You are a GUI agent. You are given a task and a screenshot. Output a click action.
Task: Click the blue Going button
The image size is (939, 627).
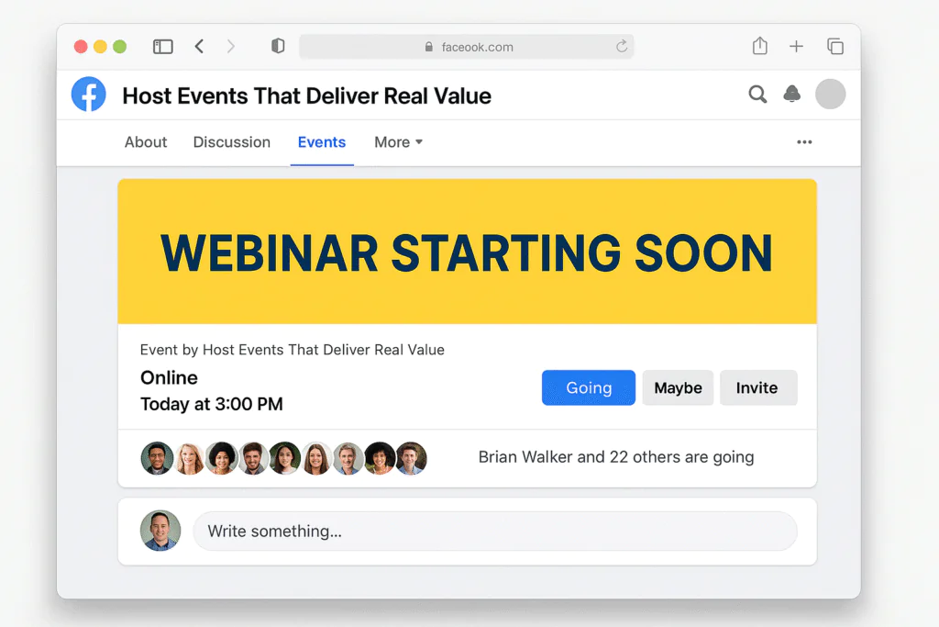coord(588,387)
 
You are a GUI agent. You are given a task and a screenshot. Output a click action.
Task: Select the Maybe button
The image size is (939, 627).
coord(678,387)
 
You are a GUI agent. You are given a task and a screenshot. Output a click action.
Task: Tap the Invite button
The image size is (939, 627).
coord(757,387)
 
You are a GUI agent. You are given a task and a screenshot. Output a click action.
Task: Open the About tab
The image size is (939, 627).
coord(146,142)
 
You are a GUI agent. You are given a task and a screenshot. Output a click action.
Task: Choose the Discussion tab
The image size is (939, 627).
coord(231,142)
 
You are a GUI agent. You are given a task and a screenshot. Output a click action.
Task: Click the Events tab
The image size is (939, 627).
coord(321,142)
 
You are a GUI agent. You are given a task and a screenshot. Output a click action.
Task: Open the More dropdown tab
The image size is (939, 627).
coord(398,142)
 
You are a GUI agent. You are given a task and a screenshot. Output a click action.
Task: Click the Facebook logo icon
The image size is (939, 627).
coord(89,95)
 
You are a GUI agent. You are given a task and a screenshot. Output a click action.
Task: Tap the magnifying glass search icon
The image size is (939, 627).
coord(757,94)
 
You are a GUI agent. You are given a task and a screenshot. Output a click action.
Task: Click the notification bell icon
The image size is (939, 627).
coord(791,94)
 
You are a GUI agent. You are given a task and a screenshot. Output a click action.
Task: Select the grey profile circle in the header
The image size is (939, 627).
coord(830,94)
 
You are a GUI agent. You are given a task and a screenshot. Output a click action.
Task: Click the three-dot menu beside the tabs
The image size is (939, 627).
coord(804,142)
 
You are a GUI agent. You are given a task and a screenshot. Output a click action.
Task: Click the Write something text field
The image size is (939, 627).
coord(494,531)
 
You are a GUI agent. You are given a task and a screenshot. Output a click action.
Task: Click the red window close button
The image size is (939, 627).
coord(81,47)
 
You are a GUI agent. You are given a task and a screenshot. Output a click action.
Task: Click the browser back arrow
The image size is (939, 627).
coord(199,46)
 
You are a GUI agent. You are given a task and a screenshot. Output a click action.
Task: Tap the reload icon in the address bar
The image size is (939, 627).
coord(622,46)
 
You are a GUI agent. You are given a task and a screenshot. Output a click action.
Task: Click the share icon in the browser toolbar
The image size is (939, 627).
coord(759,46)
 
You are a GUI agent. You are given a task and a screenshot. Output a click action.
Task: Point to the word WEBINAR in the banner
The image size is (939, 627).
coord(269,253)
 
